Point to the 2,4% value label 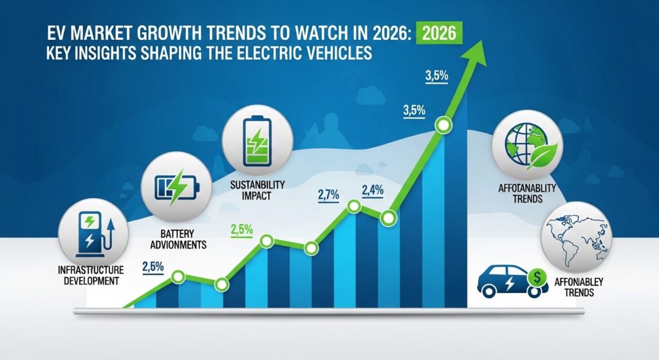tap(373, 190)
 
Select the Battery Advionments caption tap(177, 239)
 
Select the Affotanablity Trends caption tap(529, 194)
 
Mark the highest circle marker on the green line tap(443, 125)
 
